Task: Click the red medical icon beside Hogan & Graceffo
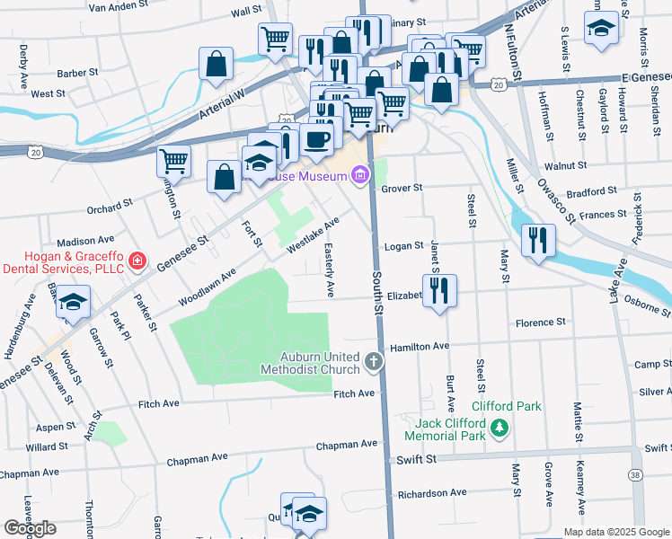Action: tap(137, 261)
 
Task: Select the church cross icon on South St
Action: tap(374, 363)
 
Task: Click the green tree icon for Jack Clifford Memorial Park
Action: tap(500, 430)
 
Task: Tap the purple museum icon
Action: tap(360, 173)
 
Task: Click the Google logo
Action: tap(30, 528)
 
